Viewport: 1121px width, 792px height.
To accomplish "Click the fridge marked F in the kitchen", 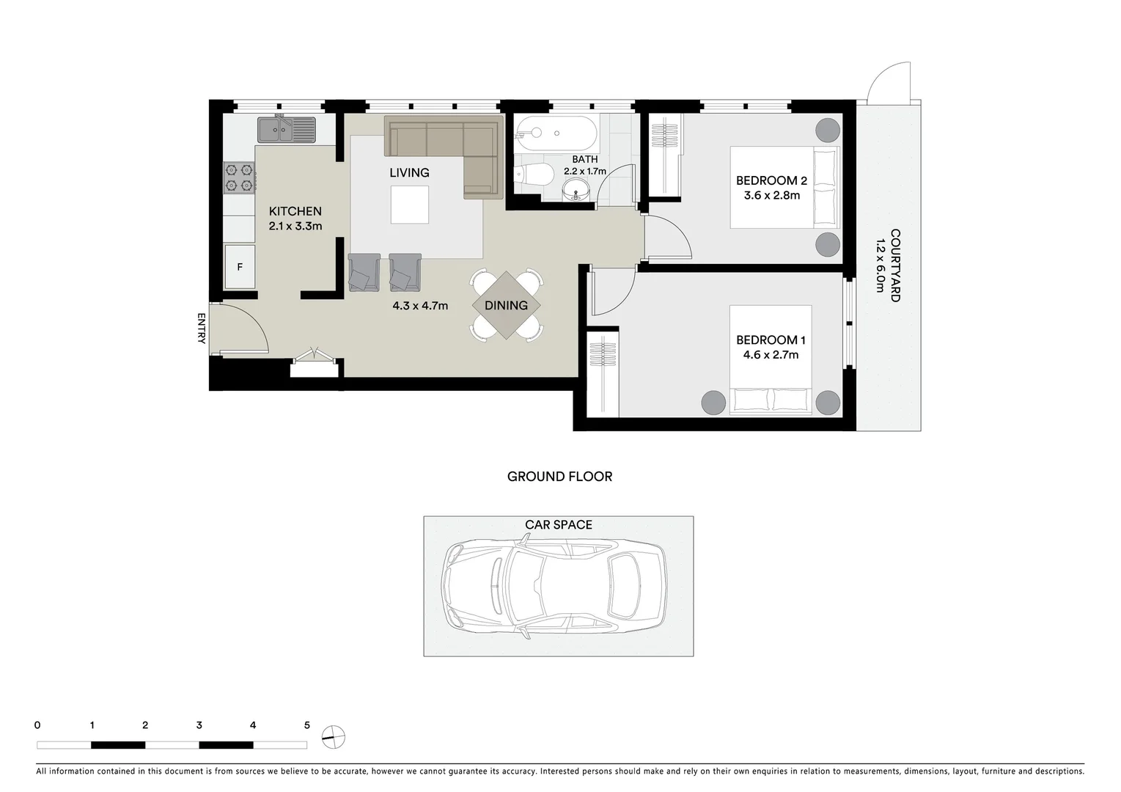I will (x=240, y=267).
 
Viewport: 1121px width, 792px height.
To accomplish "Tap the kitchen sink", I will (x=286, y=130).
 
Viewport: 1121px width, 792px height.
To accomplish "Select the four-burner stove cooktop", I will (x=239, y=177).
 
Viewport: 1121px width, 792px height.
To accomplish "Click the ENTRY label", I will (x=202, y=328).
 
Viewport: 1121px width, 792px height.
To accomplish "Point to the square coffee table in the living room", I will (x=409, y=205).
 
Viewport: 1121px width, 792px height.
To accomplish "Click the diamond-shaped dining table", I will (x=506, y=306).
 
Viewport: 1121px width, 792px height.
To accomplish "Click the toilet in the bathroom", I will (x=534, y=175).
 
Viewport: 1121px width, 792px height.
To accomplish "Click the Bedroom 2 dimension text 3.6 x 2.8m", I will (x=771, y=196).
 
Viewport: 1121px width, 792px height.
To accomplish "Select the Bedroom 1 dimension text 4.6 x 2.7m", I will (x=771, y=355).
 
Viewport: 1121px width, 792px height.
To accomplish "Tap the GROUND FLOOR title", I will (x=559, y=477).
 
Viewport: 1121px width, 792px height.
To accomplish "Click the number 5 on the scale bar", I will (x=306, y=725).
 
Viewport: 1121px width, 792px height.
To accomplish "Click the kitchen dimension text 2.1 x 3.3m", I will (x=295, y=227).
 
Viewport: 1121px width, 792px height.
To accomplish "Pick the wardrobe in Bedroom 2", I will (x=666, y=155).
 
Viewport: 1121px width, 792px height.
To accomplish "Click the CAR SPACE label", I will (x=558, y=525).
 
